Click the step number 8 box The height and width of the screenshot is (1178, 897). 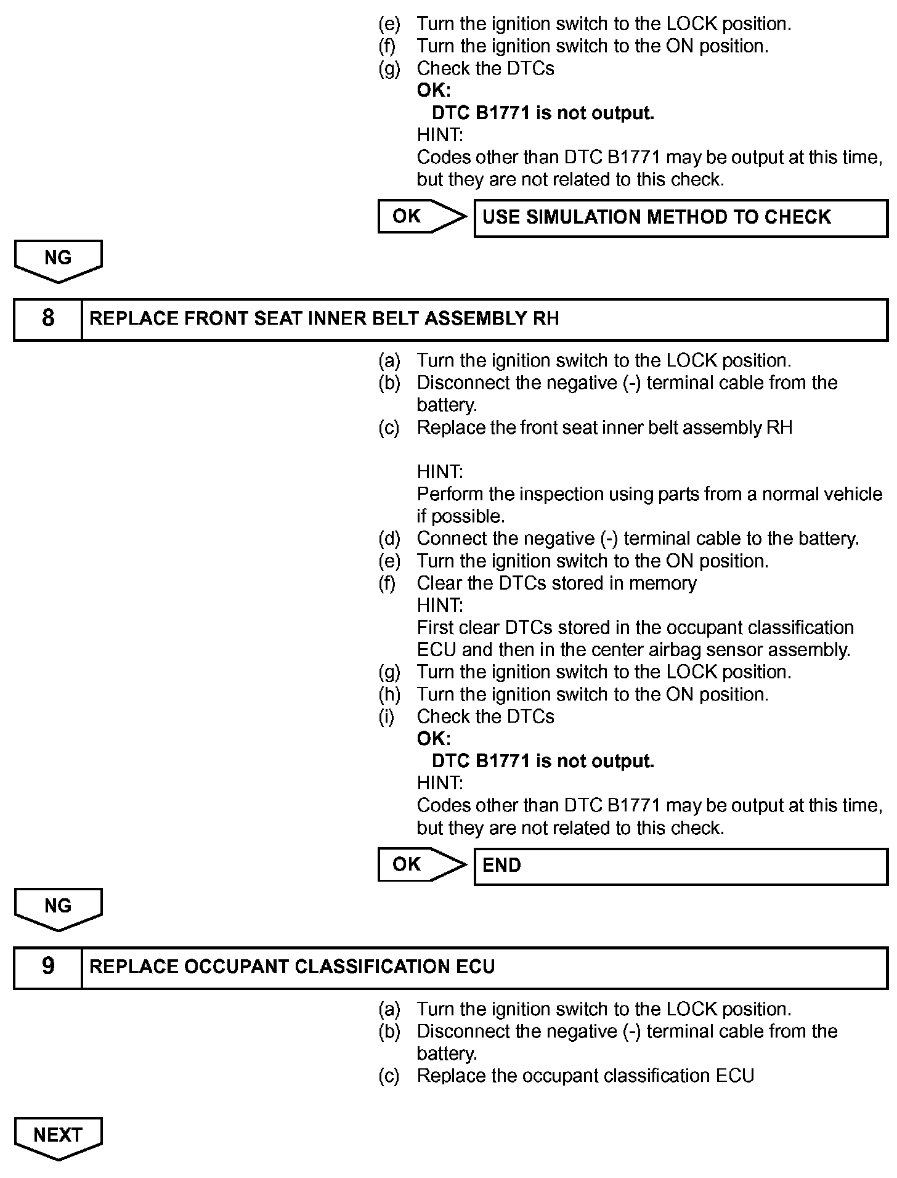(x=48, y=319)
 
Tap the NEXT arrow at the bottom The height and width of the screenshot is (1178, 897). (x=58, y=1136)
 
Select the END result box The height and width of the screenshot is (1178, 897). (x=680, y=866)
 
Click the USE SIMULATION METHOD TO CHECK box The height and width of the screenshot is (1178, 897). (x=680, y=217)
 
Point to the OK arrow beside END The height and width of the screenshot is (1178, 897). (x=421, y=864)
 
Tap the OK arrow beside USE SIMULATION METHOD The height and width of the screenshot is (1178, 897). (x=421, y=216)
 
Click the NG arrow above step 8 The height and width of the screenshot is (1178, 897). (x=58, y=259)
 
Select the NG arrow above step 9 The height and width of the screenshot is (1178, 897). (x=58, y=908)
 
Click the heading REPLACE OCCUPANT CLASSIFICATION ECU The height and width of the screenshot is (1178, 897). (x=292, y=967)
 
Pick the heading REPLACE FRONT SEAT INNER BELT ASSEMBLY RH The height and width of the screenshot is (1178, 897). (x=324, y=319)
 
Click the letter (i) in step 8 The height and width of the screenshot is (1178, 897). (x=386, y=717)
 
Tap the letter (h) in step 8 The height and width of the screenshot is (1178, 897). (x=389, y=694)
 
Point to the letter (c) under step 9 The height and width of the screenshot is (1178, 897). (x=389, y=1076)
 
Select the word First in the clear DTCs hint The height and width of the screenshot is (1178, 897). (x=434, y=628)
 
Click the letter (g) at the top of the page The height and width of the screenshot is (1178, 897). (x=389, y=68)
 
